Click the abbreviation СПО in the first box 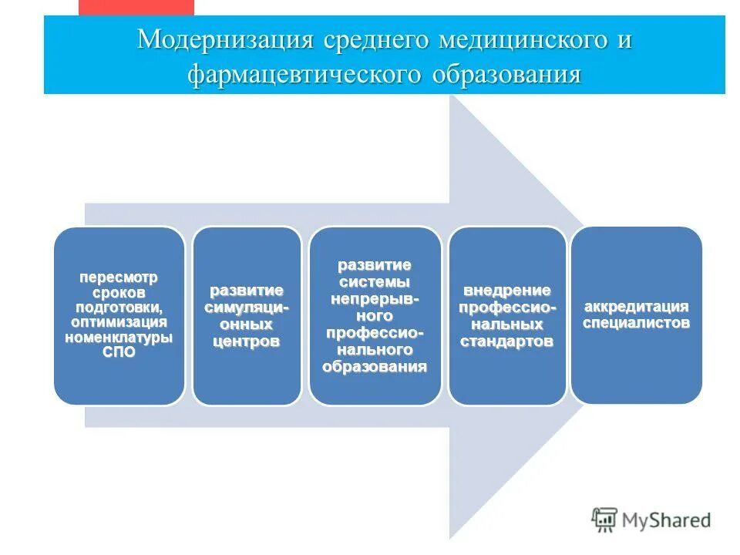(x=118, y=351)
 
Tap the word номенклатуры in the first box (x=118, y=338)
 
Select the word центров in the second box (x=246, y=341)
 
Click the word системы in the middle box (x=375, y=281)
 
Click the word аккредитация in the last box (x=635, y=307)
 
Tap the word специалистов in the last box (x=635, y=323)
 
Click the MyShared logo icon (x=604, y=520)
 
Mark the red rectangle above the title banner (x=137, y=7)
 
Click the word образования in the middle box (x=375, y=367)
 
